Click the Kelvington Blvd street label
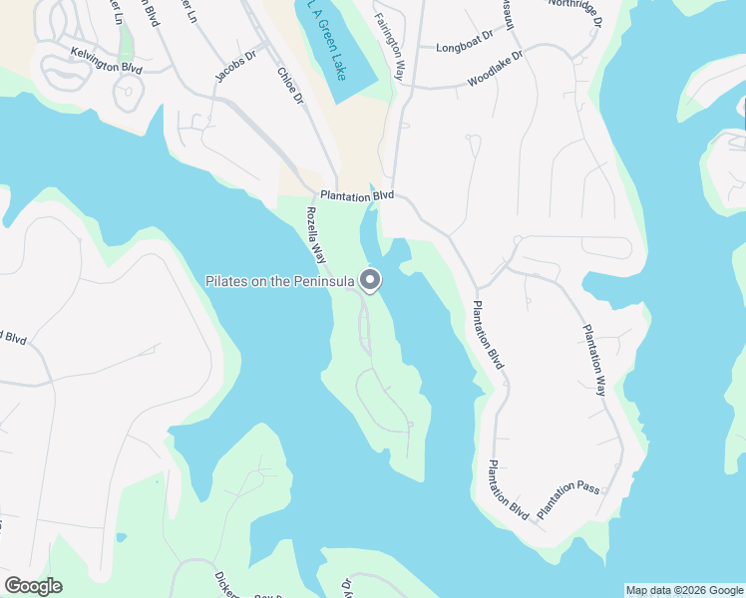[107, 59]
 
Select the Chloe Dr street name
[291, 85]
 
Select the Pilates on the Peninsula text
[280, 282]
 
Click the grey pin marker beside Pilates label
[371, 281]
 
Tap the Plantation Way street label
[594, 360]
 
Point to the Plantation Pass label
[567, 499]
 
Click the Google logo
[33, 586]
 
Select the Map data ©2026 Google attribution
[684, 590]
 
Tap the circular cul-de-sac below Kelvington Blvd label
[127, 93]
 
